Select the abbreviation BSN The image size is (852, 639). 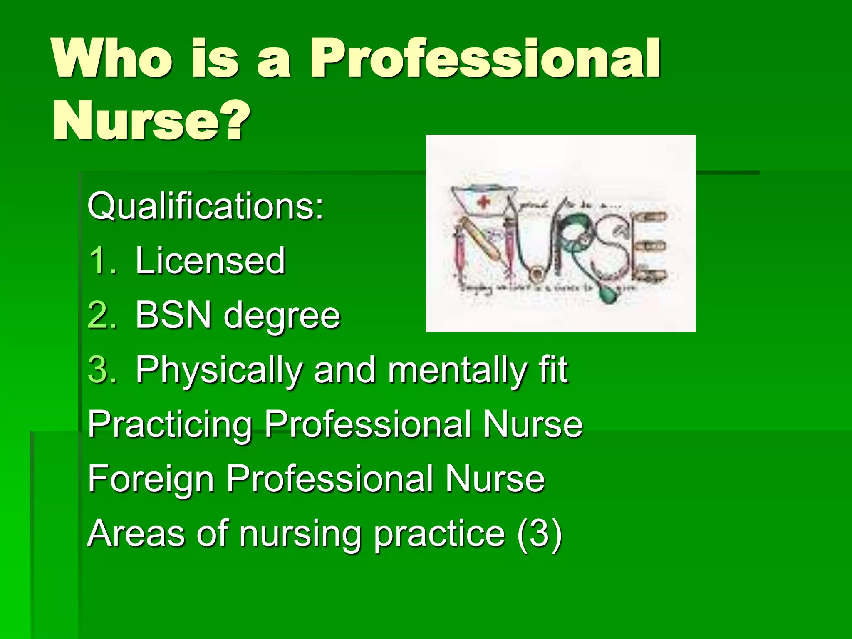click(173, 315)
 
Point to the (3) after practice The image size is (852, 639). click(540, 534)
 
